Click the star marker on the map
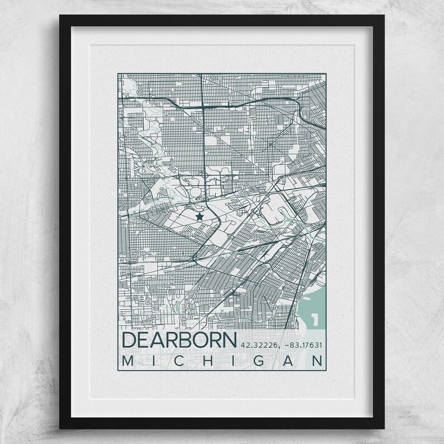pos(199,215)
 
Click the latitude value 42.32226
pos(259,344)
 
